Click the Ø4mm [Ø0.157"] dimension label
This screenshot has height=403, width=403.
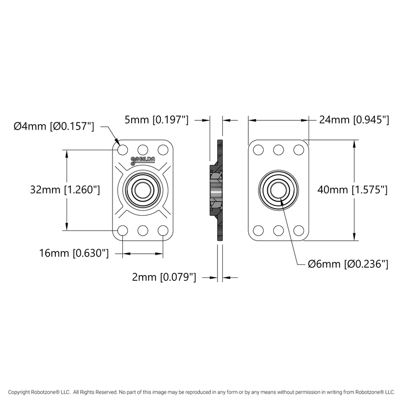pos(54,126)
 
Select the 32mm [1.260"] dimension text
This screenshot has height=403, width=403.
pos(65,190)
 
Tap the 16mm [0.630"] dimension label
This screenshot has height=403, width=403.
pos(74,253)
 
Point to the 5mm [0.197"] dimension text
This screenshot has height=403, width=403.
pos(156,120)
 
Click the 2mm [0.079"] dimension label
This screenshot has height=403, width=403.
pos(164,277)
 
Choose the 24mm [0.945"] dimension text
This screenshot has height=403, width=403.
pos(353,120)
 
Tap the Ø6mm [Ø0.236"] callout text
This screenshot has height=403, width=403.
pos(348,264)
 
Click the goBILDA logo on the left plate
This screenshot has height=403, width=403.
pos(143,160)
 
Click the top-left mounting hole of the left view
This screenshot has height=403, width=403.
pos(123,150)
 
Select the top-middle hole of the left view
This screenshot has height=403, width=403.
pos(143,150)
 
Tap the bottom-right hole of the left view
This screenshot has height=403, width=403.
pos(163,230)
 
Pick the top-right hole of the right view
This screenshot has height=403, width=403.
pos(298,150)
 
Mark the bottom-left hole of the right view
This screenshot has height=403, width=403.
pos(258,230)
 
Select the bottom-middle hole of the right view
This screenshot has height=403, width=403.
pos(278,230)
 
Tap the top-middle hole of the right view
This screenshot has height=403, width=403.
pos(278,150)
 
